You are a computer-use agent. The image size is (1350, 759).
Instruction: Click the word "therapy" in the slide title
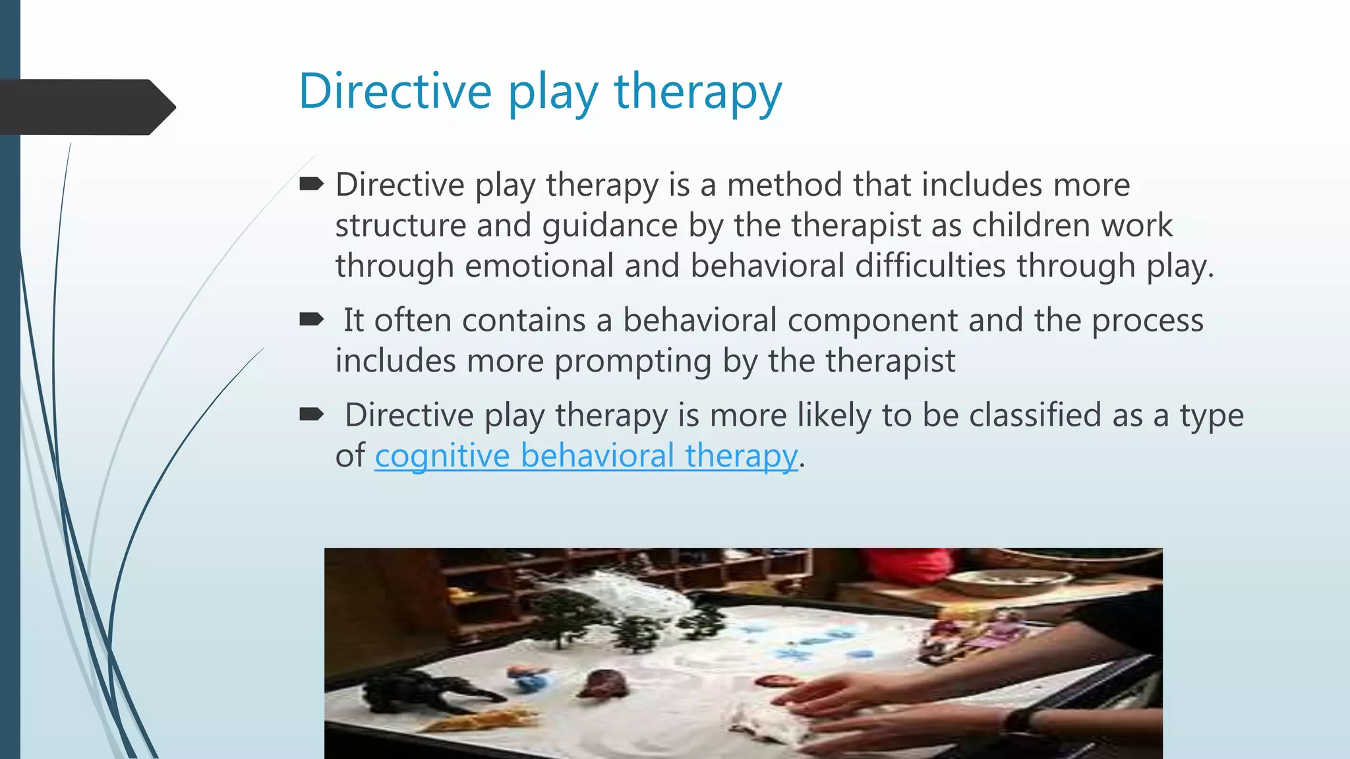698,92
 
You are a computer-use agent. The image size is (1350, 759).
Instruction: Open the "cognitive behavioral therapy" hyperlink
586,456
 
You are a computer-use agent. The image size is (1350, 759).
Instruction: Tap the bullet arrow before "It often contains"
311,320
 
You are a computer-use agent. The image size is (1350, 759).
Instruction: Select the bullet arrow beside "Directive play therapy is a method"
311,184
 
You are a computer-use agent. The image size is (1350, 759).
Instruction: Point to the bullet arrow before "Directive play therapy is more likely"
311,414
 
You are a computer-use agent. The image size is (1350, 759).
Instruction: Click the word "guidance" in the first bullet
610,226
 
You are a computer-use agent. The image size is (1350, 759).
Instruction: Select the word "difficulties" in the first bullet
930,266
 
